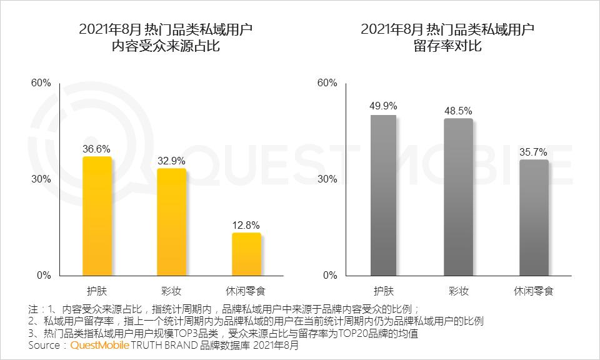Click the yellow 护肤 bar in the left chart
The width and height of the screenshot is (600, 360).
coord(97,216)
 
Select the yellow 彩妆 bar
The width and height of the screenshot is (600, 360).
coord(171,222)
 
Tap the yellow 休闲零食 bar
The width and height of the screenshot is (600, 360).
coord(246,254)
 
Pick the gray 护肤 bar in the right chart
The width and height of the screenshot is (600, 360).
coord(383,195)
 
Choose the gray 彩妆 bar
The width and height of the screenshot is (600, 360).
coord(458,197)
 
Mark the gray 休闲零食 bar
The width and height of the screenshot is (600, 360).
coord(534,217)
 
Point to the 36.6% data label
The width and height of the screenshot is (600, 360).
coord(96,149)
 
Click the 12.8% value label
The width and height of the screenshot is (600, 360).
coord(246,225)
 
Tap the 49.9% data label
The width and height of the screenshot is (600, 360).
coord(383,106)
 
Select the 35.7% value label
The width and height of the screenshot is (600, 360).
coord(533,152)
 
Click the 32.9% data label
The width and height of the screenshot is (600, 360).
coord(171,161)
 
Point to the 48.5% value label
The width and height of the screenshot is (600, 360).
coord(458,111)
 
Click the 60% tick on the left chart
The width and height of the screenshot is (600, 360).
coord(41,82)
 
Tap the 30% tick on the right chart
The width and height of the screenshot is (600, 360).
coord(327,179)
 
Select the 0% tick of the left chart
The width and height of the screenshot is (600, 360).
coord(44,275)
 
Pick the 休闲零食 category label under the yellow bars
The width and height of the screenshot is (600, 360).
coord(246,291)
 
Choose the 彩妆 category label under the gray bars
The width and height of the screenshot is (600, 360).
coord(458,291)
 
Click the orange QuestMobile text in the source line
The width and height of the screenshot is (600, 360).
coord(100,345)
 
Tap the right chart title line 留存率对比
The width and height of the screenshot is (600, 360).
coord(447,46)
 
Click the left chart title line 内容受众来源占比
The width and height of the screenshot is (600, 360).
coord(166,46)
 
